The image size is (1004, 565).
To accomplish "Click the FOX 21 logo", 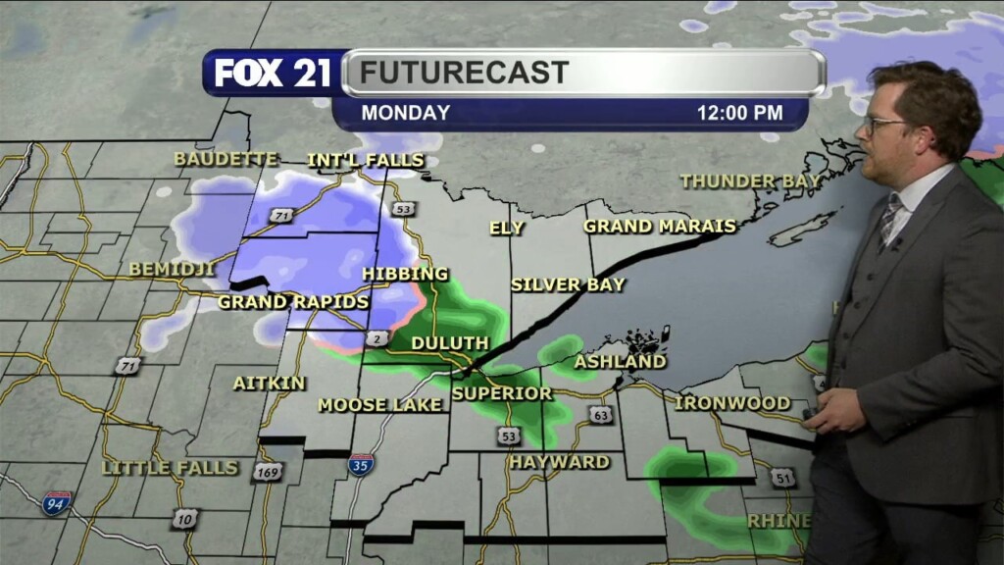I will point(273,73).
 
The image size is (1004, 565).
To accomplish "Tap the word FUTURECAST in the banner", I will point(464,73).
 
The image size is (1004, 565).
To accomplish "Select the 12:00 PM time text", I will point(739,113).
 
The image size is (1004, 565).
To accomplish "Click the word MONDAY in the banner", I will point(405,113).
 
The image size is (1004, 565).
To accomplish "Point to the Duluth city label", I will point(450,343).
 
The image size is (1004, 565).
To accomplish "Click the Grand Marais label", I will point(660,227).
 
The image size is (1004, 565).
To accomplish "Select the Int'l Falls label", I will point(366,160).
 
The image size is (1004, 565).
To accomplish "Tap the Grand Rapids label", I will point(293,302).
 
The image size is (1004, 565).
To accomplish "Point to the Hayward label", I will point(559,462).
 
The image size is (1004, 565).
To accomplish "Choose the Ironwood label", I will point(732,403).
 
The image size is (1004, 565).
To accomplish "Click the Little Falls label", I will point(170,468).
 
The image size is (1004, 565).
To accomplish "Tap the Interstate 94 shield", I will point(57,503).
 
